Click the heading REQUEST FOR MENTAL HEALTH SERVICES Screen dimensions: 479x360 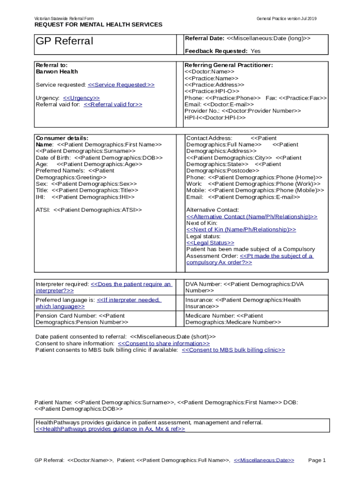(x=98, y=24)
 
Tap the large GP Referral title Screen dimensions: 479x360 (x=65, y=41)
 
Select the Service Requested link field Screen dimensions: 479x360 (x=121, y=85)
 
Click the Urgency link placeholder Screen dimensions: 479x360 (x=81, y=98)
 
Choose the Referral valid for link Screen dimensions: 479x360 (x=113, y=104)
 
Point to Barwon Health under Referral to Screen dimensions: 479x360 (x=57, y=72)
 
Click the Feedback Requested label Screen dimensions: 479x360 (x=216, y=51)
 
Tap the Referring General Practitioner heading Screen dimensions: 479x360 (x=229, y=65)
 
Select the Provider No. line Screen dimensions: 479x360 (x=243, y=111)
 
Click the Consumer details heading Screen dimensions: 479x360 (x=62, y=138)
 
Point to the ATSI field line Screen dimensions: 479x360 (x=89, y=210)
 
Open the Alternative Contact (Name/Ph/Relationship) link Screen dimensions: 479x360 (x=252, y=217)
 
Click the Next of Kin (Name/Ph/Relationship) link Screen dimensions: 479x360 (x=241, y=230)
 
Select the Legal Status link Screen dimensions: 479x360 (x=210, y=243)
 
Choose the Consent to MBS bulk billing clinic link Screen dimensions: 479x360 (x=233, y=350)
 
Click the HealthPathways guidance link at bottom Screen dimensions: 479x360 (x=110, y=429)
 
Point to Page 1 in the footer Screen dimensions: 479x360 (x=317, y=460)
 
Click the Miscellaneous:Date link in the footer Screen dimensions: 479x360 (x=264, y=460)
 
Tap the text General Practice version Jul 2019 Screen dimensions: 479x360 (x=286, y=18)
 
